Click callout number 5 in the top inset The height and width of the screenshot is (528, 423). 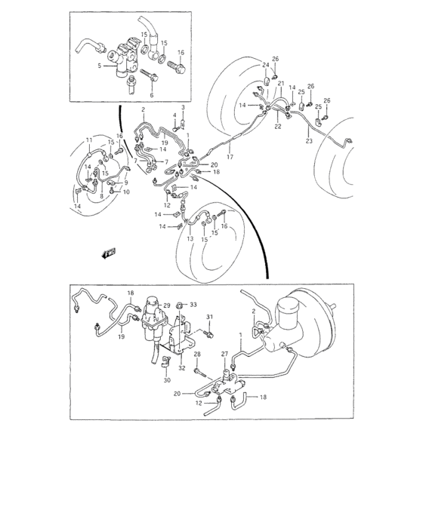[x=99, y=66]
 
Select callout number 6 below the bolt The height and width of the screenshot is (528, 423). [x=151, y=95]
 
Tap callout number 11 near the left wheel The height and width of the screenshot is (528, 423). [x=88, y=140]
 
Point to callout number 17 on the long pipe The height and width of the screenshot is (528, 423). [x=230, y=157]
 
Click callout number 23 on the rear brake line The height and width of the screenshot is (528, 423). [x=308, y=141]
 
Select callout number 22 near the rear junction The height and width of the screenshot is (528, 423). [x=278, y=126]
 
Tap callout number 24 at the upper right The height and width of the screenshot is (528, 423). [x=266, y=66]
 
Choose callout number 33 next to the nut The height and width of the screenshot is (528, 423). [x=193, y=305]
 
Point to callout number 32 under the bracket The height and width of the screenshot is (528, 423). [x=182, y=367]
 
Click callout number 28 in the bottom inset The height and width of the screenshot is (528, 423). [x=196, y=355]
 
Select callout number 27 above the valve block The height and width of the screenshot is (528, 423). [x=224, y=354]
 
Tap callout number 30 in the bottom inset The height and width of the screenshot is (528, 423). [x=166, y=379]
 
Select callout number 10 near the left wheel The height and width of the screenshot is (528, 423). [x=126, y=192]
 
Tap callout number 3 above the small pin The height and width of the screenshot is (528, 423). [x=182, y=108]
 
